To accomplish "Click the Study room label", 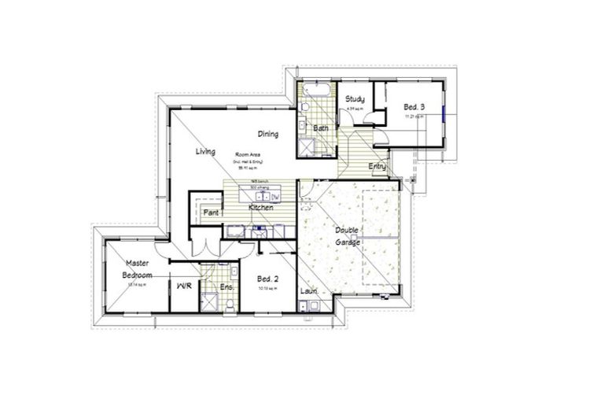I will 355,99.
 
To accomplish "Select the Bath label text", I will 320,128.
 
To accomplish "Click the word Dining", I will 268,134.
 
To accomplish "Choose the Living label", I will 206,151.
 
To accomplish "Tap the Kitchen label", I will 260,207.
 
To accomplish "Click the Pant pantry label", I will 211,213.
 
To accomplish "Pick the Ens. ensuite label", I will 226,287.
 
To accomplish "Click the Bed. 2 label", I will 268,279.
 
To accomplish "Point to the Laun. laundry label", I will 308,291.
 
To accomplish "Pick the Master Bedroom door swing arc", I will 162,251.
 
